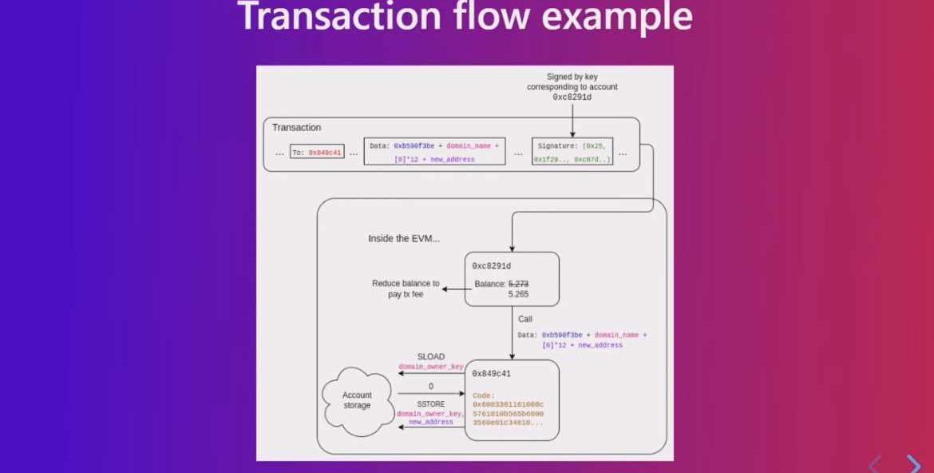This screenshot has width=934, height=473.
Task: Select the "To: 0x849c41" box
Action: (317, 152)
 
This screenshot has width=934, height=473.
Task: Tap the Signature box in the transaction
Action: (572, 152)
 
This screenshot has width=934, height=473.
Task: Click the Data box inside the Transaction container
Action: (434, 152)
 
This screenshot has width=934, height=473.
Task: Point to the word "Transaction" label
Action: (296, 128)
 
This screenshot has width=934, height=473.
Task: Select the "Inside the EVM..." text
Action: (403, 239)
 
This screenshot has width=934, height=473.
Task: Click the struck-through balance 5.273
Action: (519, 284)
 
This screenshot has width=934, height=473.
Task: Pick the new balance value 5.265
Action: (519, 294)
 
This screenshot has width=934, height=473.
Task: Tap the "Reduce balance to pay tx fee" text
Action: (406, 288)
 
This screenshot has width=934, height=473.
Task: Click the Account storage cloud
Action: (357, 400)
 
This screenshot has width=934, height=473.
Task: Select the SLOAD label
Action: (431, 357)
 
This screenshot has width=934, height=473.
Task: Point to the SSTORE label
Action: (431, 403)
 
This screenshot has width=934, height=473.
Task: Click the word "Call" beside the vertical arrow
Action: (525, 319)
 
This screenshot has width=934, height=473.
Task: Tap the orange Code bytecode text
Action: (508, 409)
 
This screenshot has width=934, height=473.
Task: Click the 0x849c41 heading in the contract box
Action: (491, 373)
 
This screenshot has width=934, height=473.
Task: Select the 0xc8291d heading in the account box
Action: (491, 265)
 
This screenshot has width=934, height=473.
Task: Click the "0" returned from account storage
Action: (431, 387)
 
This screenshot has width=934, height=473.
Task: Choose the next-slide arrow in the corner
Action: (913, 463)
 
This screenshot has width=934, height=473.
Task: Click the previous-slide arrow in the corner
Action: (876, 463)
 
